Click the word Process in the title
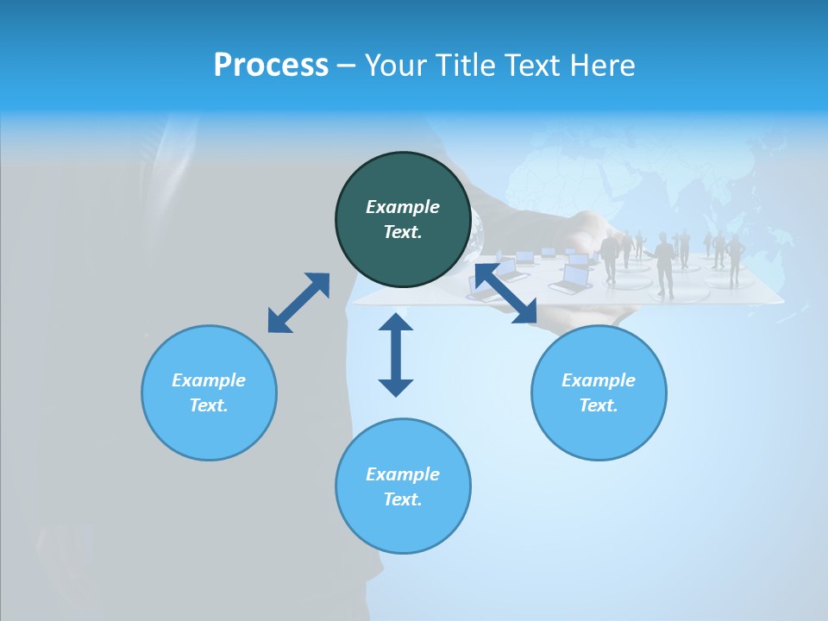coord(271,66)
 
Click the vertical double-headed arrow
coord(396,354)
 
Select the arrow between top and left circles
coord(298,303)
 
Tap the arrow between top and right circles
coord(506,294)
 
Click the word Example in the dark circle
coord(403,207)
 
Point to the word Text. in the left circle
coord(209,405)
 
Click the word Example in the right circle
coord(599,380)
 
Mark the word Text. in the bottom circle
coord(403,499)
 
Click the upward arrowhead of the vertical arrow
coord(396,323)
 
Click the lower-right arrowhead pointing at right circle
coord(526,314)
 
